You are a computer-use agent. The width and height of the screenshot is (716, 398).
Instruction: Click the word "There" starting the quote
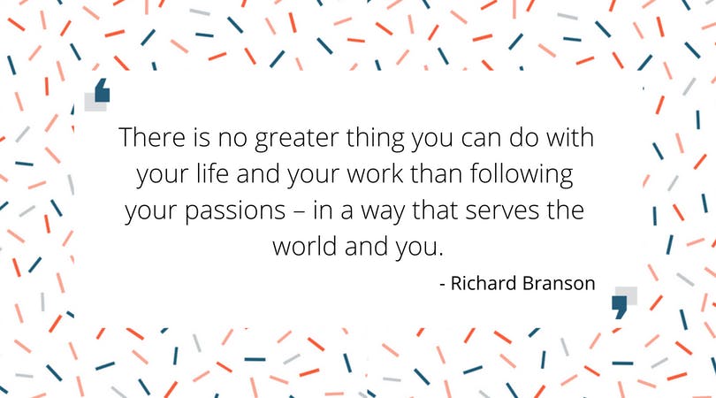pos(152,137)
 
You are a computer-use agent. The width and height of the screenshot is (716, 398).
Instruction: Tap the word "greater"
pos(296,139)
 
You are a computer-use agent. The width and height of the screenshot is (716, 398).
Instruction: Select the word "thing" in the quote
pos(375,139)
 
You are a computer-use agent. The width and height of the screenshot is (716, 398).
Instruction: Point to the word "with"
pos(570,136)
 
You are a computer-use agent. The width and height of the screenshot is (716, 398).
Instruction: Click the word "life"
pos(212,173)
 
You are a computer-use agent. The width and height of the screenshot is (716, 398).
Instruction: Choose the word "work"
pos(375,173)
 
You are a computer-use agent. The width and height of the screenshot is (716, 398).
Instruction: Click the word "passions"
pos(235,211)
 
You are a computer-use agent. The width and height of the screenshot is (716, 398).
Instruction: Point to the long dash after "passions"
pos(299,211)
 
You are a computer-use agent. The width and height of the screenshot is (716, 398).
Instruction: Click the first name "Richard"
pos(484,283)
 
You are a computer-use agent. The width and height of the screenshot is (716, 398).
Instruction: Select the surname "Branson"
pos(559,283)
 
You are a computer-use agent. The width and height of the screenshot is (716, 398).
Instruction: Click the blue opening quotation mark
pos(103,90)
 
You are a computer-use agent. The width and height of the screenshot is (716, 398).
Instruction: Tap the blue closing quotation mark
pos(620,307)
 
